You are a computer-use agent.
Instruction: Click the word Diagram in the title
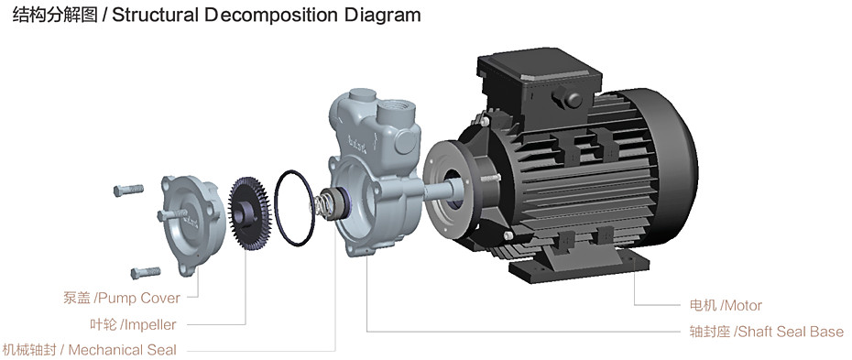(x=383, y=15)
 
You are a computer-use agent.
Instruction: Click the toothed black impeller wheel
(x=250, y=213)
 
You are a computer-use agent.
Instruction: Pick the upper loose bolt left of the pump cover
(x=128, y=190)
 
